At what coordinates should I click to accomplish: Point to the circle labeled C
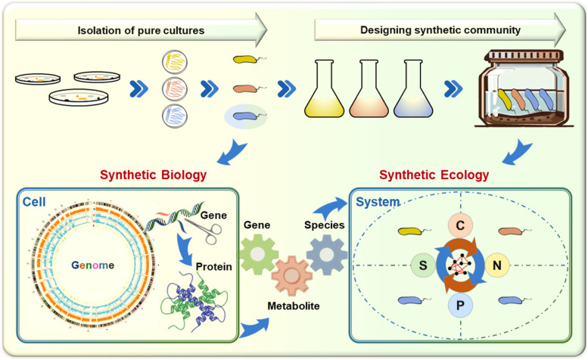460,225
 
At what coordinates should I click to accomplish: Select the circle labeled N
496,265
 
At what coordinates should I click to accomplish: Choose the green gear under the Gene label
259,254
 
